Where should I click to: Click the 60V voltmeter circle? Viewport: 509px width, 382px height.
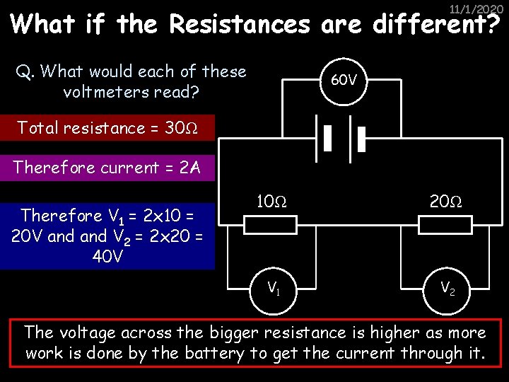(x=344, y=80)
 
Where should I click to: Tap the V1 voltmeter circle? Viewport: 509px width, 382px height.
(x=271, y=287)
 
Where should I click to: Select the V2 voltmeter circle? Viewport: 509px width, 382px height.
(x=447, y=287)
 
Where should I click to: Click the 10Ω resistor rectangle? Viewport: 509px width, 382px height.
(x=271, y=225)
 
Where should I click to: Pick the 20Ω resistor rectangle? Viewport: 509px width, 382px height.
(x=445, y=225)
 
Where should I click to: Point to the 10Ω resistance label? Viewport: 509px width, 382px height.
(x=271, y=201)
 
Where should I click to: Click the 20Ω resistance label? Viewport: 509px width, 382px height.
(x=446, y=201)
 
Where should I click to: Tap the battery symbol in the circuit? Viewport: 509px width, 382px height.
(x=344, y=139)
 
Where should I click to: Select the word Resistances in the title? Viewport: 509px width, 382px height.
(x=240, y=25)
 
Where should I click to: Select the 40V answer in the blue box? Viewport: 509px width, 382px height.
(x=108, y=255)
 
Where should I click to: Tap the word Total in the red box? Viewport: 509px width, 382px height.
(x=37, y=128)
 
